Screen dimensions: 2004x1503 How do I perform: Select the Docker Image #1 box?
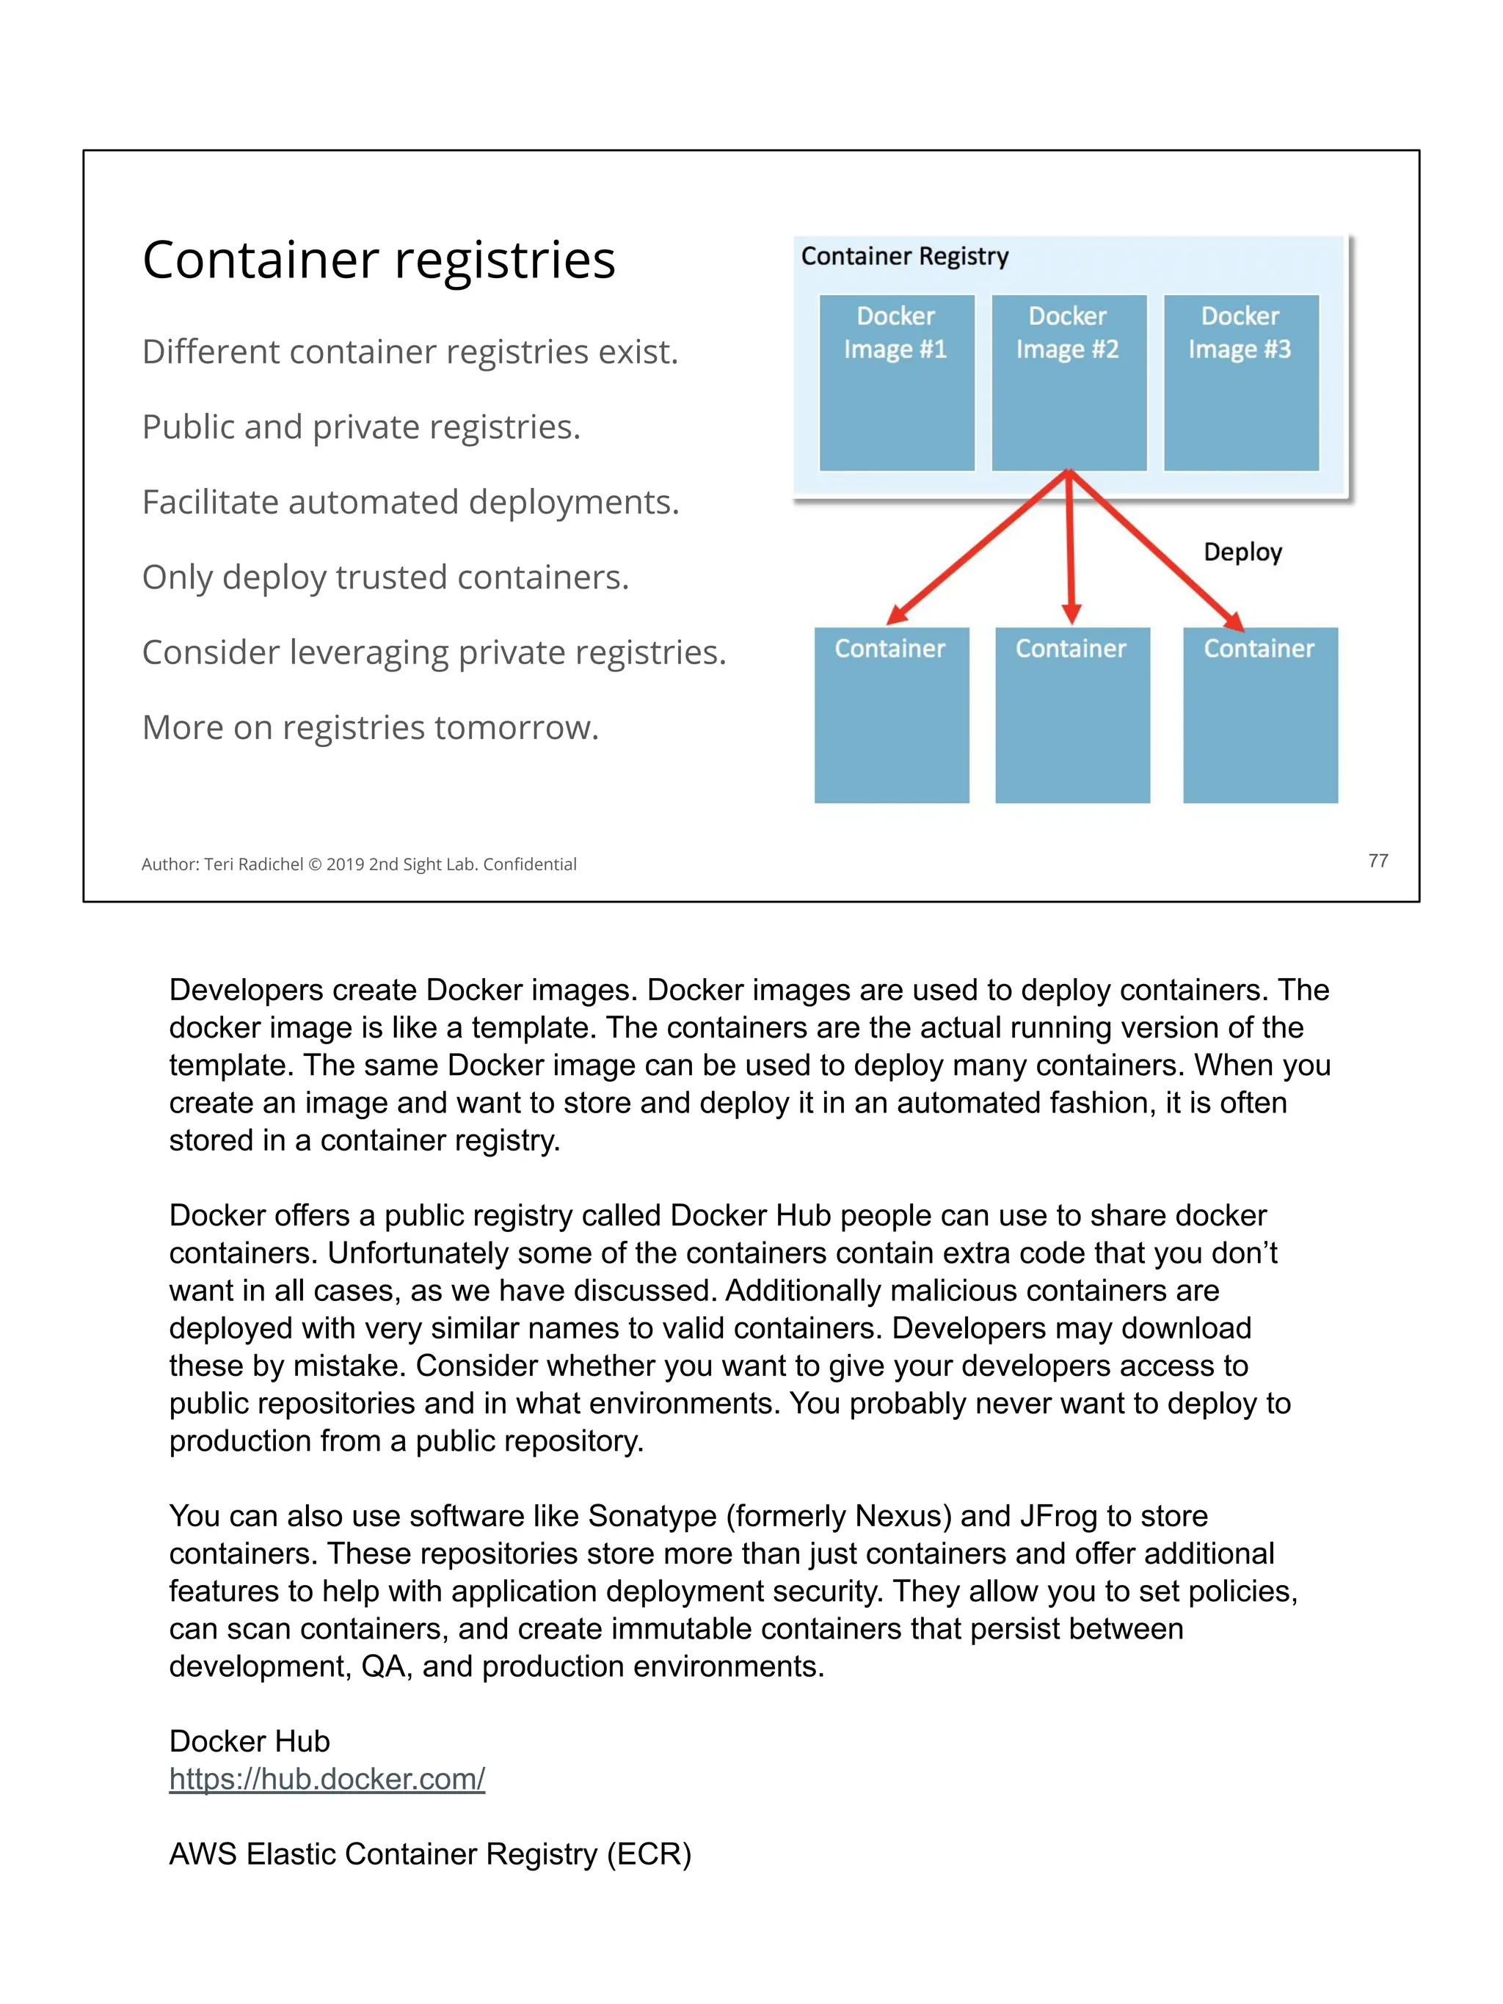[x=896, y=382]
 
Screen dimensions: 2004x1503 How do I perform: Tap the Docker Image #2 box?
[x=1068, y=382]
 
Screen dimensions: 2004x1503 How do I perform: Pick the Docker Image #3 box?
[x=1240, y=382]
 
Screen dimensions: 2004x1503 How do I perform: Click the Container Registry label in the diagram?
[x=904, y=256]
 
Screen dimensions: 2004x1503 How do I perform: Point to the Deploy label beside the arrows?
[x=1242, y=552]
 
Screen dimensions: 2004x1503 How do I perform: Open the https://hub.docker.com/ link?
[x=327, y=1779]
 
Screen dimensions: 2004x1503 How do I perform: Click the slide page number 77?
[x=1377, y=860]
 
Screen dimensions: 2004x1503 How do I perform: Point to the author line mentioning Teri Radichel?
[x=359, y=864]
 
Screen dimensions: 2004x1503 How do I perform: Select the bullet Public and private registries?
[x=360, y=427]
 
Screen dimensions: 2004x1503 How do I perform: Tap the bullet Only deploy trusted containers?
[x=385, y=577]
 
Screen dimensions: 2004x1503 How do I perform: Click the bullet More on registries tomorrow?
[x=371, y=727]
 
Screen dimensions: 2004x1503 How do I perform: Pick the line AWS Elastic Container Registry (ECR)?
[x=430, y=1854]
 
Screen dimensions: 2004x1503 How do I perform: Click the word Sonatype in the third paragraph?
[x=652, y=1516]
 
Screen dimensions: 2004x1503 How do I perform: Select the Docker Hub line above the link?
[x=249, y=1741]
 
